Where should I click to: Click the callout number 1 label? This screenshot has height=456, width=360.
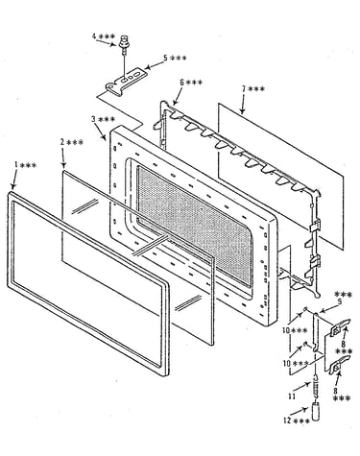coord(16,165)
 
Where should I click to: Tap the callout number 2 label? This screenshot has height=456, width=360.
coord(62,142)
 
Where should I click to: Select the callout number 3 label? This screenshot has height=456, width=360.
coord(94,119)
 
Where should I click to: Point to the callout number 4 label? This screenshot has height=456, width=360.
coord(94,36)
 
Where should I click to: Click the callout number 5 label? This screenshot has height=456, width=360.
coord(165,58)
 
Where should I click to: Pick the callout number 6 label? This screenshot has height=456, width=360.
coord(181,83)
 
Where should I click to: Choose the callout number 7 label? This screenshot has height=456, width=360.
coord(244,88)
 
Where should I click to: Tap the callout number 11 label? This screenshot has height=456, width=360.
coord(292,396)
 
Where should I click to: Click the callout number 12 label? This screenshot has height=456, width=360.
coord(288,421)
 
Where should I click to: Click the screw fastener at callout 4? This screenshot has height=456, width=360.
coord(123,43)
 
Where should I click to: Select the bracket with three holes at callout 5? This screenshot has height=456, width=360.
coord(127,82)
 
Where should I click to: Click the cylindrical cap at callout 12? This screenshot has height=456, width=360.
coord(316,413)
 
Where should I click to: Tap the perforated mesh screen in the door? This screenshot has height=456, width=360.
coord(195,225)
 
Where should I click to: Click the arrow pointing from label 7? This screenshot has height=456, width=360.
coord(243,104)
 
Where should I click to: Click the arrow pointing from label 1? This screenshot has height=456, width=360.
coord(14,180)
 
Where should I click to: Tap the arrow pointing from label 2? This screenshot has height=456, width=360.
coord(63,157)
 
